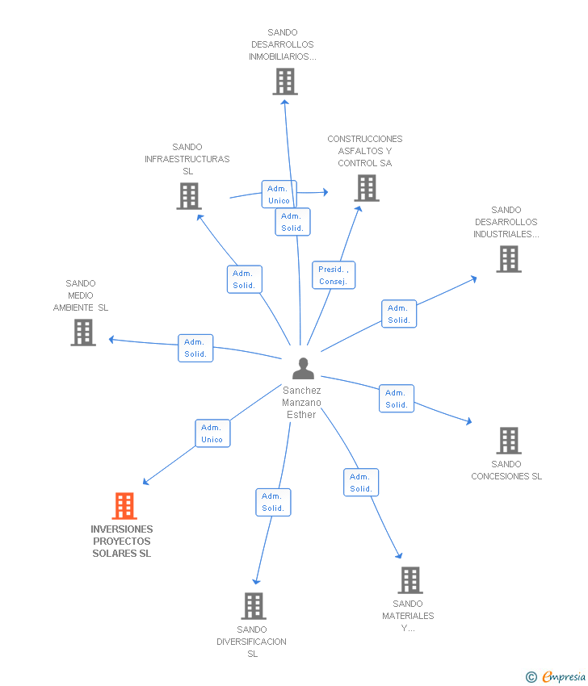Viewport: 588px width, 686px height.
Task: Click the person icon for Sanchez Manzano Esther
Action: pyautogui.click(x=303, y=369)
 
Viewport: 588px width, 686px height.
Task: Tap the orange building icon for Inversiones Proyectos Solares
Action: pyautogui.click(x=124, y=506)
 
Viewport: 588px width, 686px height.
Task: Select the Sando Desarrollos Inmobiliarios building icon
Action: pyautogui.click(x=284, y=82)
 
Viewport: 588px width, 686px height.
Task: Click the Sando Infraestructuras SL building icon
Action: pyautogui.click(x=188, y=196)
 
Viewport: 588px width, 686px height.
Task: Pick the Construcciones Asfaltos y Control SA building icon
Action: pyautogui.click(x=367, y=188)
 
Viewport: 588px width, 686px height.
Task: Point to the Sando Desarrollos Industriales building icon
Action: pyautogui.click(x=508, y=259)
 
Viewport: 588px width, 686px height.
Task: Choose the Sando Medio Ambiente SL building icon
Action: pyautogui.click(x=83, y=333)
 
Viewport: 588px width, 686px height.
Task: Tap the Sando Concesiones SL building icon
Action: pyautogui.click(x=508, y=441)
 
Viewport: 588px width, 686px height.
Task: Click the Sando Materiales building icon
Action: pyautogui.click(x=409, y=580)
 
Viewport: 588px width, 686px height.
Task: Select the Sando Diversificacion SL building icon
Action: pyautogui.click(x=254, y=606)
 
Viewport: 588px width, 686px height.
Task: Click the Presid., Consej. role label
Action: pyautogui.click(x=334, y=275)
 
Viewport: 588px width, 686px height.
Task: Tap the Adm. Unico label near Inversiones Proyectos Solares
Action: pyautogui.click(x=212, y=433)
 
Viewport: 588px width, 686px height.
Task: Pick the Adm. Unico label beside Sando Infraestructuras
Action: pyautogui.click(x=279, y=195)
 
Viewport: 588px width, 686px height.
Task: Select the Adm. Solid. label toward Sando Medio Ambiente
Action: pyautogui.click(x=195, y=348)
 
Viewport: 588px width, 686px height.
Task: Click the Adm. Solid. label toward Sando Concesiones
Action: pyautogui.click(x=397, y=399)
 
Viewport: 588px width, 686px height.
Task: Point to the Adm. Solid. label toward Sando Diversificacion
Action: pyautogui.click(x=273, y=502)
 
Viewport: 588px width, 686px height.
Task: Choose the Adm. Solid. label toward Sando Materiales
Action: pyautogui.click(x=361, y=483)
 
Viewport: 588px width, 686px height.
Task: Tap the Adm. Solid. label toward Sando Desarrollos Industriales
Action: pyautogui.click(x=399, y=314)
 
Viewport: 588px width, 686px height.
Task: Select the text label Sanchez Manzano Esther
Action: pyautogui.click(x=302, y=402)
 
